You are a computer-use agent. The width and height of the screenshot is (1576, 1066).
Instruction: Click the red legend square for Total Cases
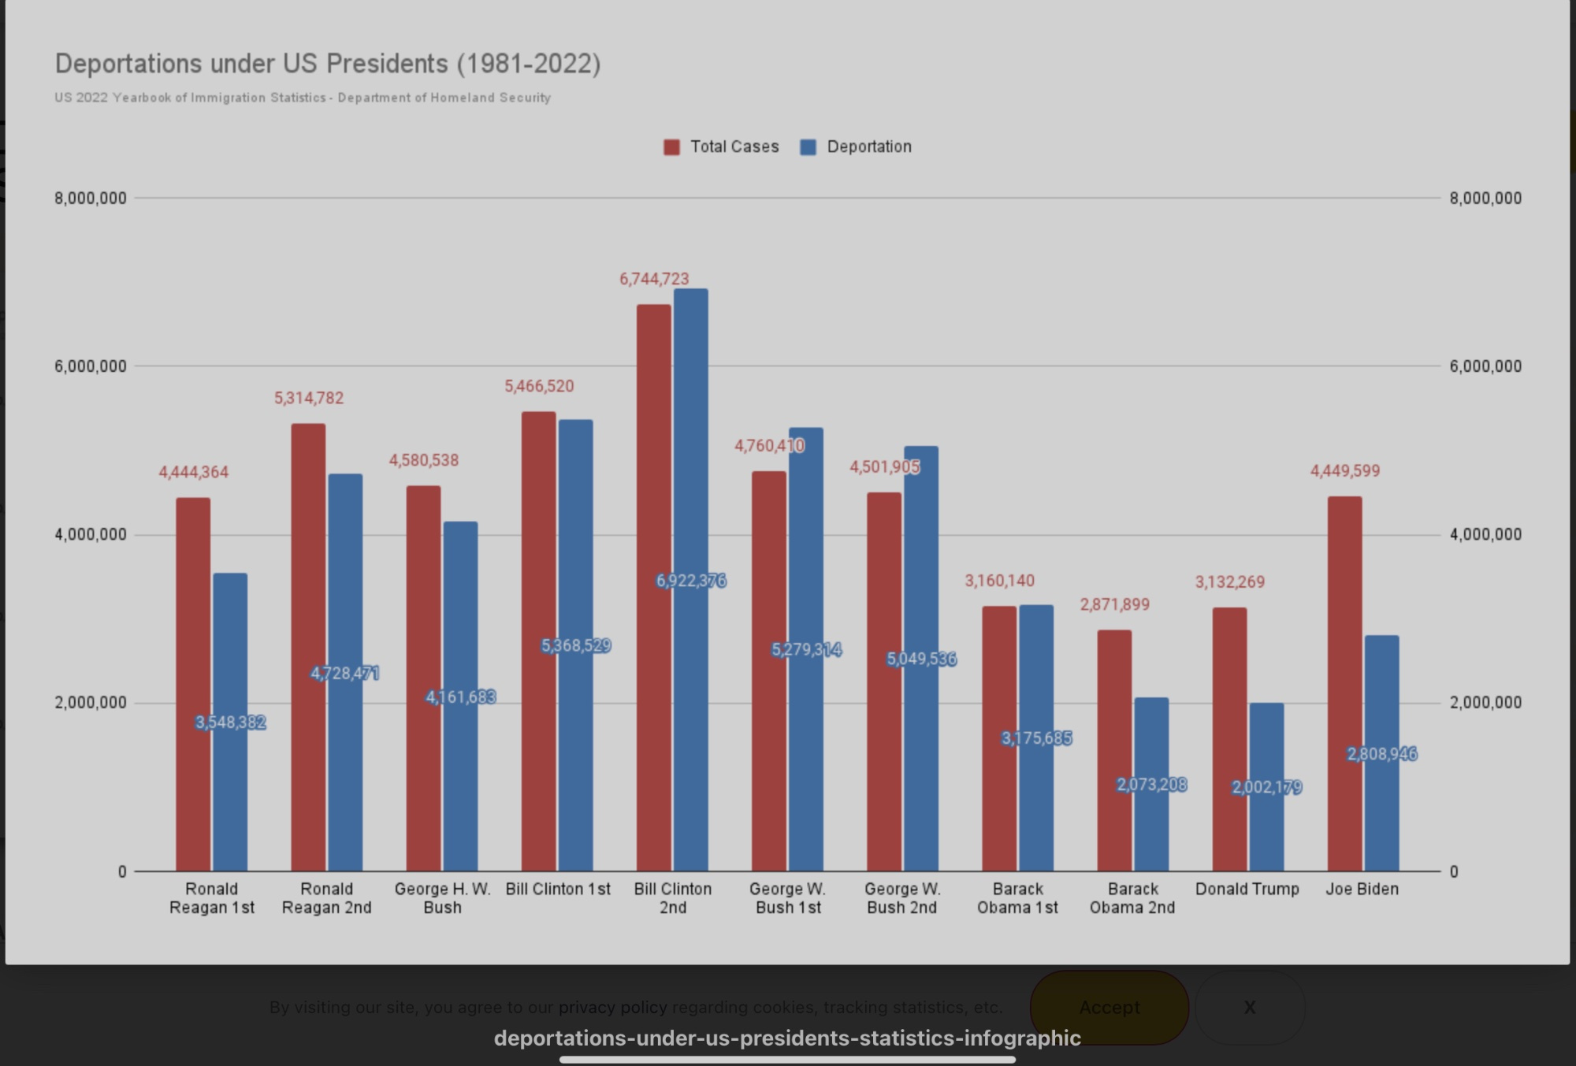(671, 147)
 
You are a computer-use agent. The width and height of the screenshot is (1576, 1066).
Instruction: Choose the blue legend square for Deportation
(808, 147)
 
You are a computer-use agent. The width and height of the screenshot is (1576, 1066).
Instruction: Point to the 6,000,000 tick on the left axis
(91, 366)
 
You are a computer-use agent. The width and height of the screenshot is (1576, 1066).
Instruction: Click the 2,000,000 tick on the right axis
(1485, 703)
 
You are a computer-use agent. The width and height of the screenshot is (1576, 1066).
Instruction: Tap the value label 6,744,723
(654, 279)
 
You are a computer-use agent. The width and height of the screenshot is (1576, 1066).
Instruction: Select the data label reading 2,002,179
(1266, 787)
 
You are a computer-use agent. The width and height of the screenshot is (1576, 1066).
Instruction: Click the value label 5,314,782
(309, 398)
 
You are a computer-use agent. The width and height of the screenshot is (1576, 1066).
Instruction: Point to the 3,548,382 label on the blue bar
(230, 722)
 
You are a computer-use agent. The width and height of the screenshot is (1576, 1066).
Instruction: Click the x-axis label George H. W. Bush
(442, 898)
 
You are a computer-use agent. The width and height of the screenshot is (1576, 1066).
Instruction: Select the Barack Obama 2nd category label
(1132, 898)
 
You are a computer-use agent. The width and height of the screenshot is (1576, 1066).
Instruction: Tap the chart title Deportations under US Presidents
(328, 63)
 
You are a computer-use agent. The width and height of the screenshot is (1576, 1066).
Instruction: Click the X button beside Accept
(1250, 1007)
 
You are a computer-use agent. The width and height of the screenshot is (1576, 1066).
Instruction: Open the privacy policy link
(612, 1007)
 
